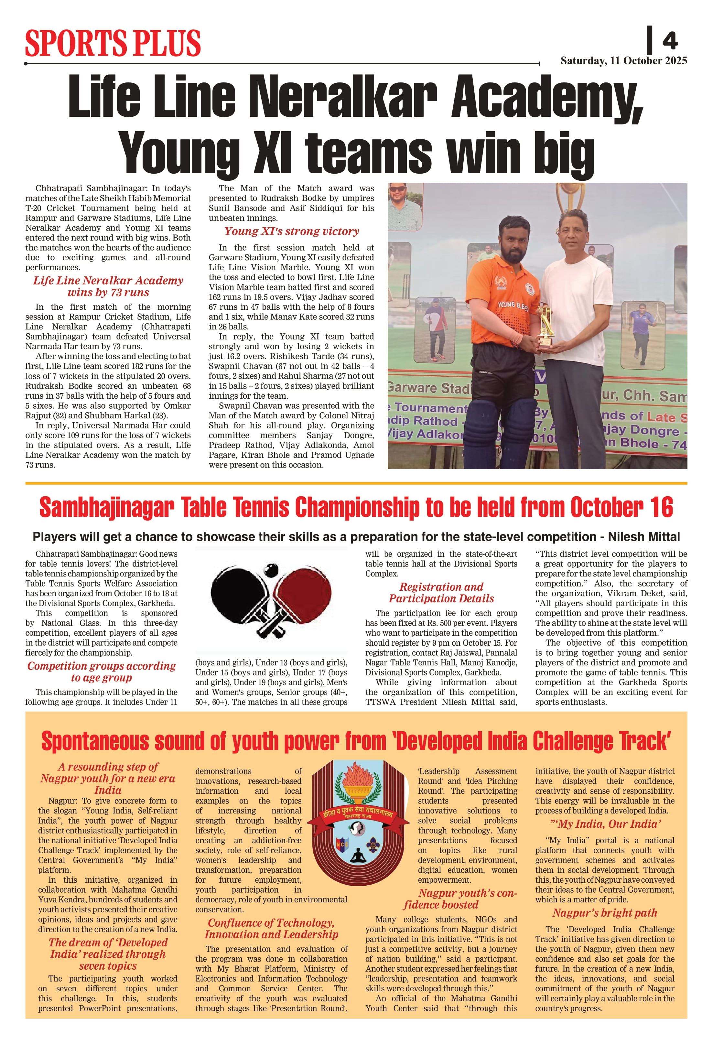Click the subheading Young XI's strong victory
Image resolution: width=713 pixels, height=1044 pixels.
[x=292, y=231]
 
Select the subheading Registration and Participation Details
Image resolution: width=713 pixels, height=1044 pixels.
[x=441, y=593]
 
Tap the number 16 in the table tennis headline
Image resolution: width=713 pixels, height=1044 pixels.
[x=661, y=508]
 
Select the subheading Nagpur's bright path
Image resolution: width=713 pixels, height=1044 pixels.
[x=605, y=913]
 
